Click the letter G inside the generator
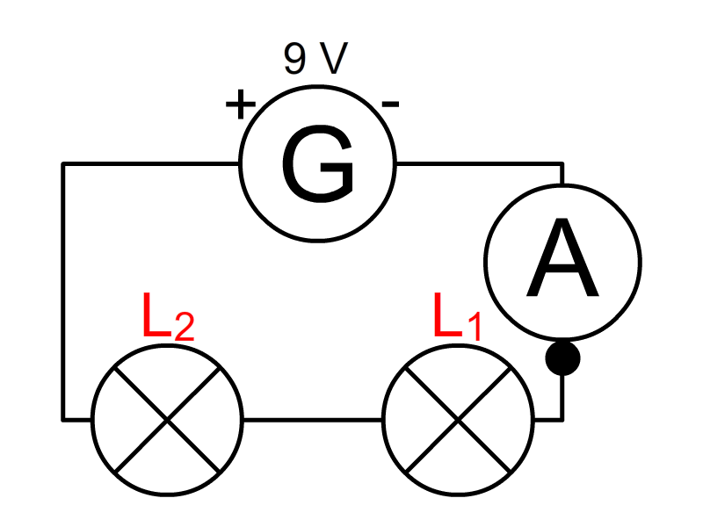pyautogui.click(x=317, y=163)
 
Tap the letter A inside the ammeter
pyautogui.click(x=562, y=257)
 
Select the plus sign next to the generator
pyautogui.click(x=240, y=105)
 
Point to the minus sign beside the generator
pyautogui.click(x=390, y=105)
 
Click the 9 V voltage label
pyautogui.click(x=315, y=58)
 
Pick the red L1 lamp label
pyautogui.click(x=457, y=316)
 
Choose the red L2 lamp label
pyautogui.click(x=168, y=316)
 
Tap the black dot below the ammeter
pyautogui.click(x=562, y=358)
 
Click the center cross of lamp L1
pyautogui.click(x=458, y=420)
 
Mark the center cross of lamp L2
pyautogui.click(x=167, y=420)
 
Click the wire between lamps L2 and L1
pyautogui.click(x=313, y=420)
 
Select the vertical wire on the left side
pyautogui.click(x=63, y=292)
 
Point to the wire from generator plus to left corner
pyautogui.click(x=150, y=164)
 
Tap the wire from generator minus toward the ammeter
pyautogui.click(x=479, y=164)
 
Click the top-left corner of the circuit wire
pyautogui.click(x=63, y=164)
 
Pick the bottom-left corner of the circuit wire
pyautogui.click(x=63, y=420)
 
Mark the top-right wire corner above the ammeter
pyautogui.click(x=562, y=164)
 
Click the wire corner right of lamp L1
pyautogui.click(x=562, y=420)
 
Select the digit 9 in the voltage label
pyautogui.click(x=294, y=59)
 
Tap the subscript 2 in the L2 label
pyautogui.click(x=184, y=326)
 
